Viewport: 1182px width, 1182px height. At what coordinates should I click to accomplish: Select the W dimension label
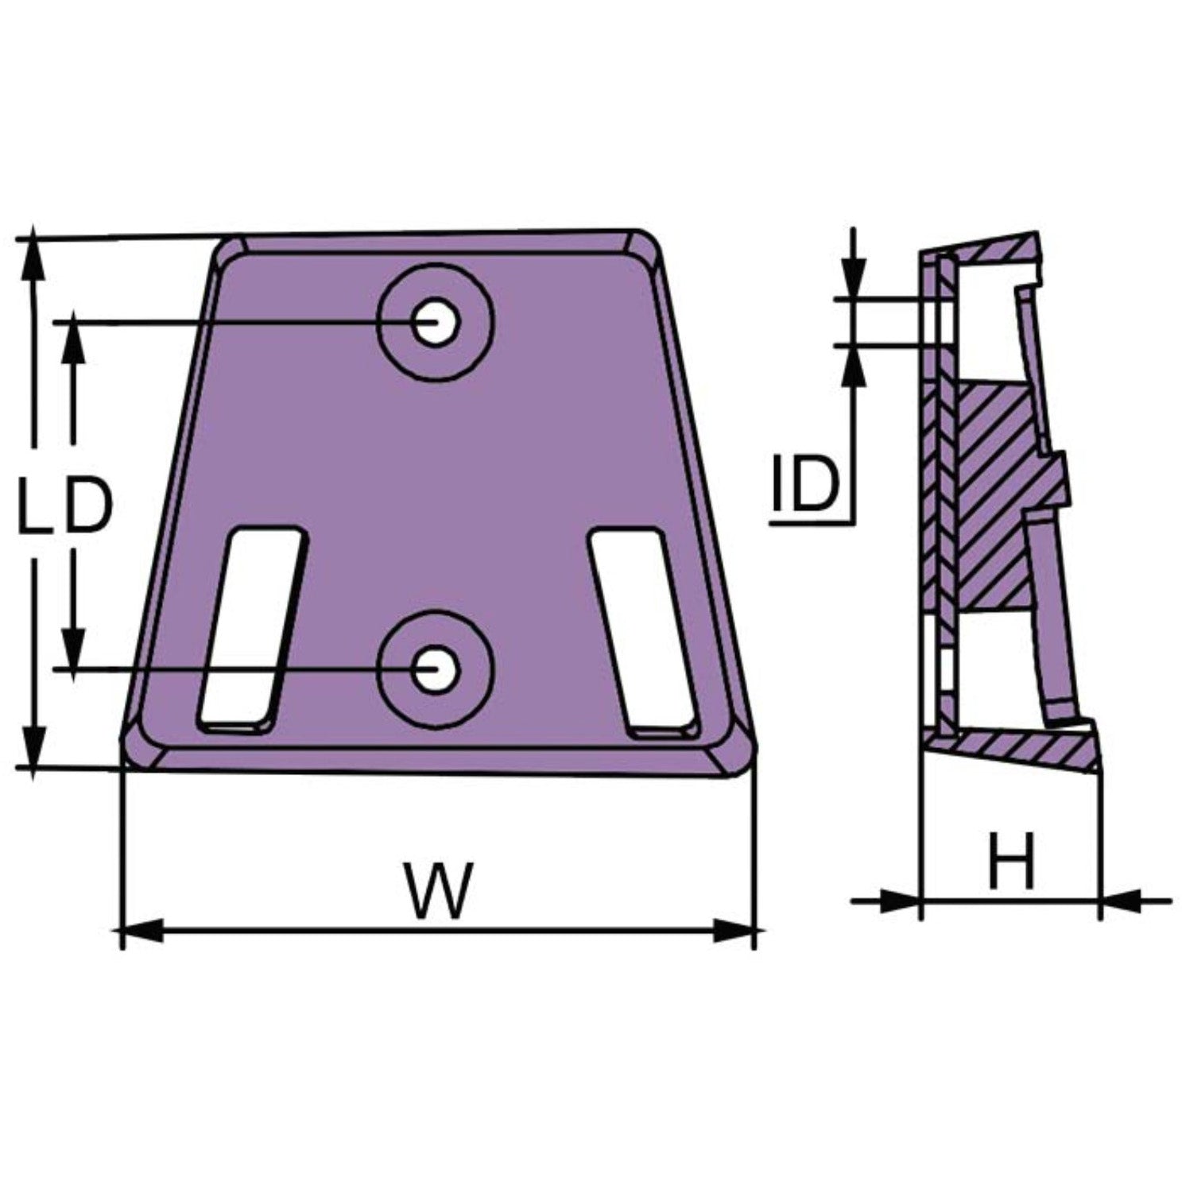click(x=436, y=889)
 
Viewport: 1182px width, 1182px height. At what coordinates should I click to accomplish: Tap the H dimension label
click(x=1012, y=861)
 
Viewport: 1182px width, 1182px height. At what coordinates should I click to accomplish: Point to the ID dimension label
click(x=804, y=484)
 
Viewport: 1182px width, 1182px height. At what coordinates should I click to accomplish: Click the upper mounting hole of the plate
click(x=435, y=322)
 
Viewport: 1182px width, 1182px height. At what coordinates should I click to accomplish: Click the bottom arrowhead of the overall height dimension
click(x=33, y=747)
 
